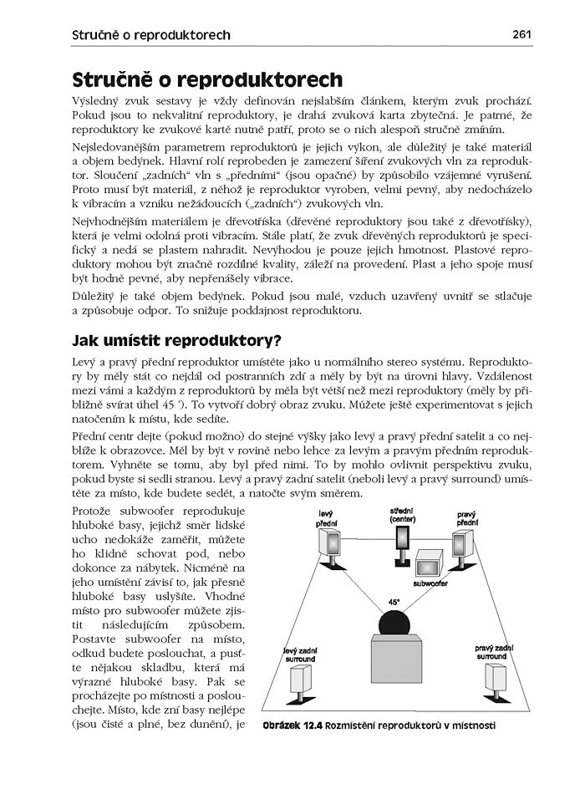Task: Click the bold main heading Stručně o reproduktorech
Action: [x=207, y=80]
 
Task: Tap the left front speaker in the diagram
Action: [x=329, y=546]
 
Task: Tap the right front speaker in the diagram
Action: [x=464, y=546]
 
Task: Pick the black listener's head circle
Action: [x=394, y=624]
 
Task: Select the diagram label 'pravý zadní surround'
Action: [x=493, y=652]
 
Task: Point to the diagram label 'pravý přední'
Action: [x=465, y=518]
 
